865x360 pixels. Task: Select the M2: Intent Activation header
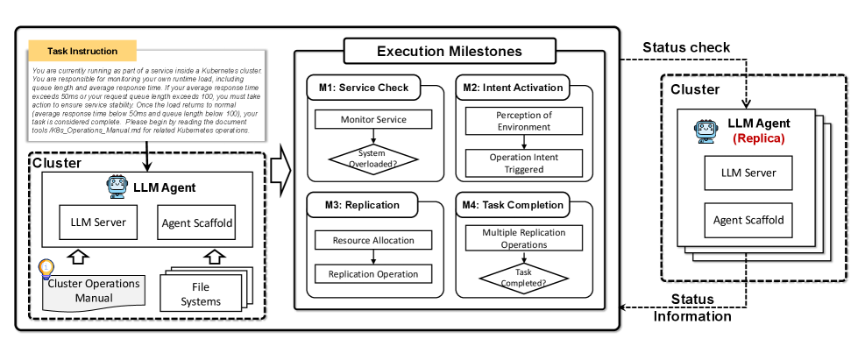tap(510, 88)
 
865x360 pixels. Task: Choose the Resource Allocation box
tap(373, 240)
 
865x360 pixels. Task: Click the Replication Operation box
tap(373, 274)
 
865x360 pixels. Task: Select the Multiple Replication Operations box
tap(523, 239)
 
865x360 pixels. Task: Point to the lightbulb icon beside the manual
tap(46, 268)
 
